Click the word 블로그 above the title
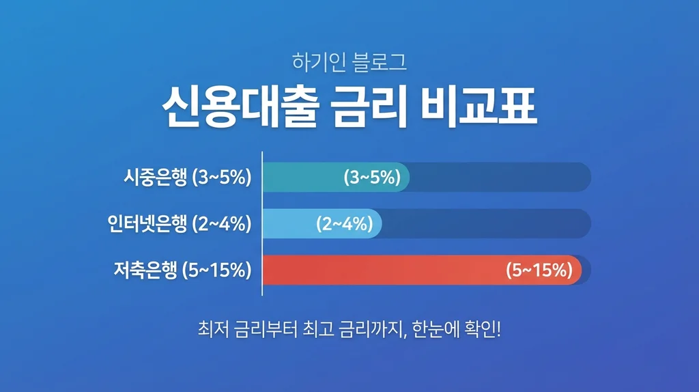point(380,64)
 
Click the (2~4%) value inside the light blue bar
point(343,223)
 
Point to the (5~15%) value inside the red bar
point(539,269)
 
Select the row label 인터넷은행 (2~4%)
point(180,223)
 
